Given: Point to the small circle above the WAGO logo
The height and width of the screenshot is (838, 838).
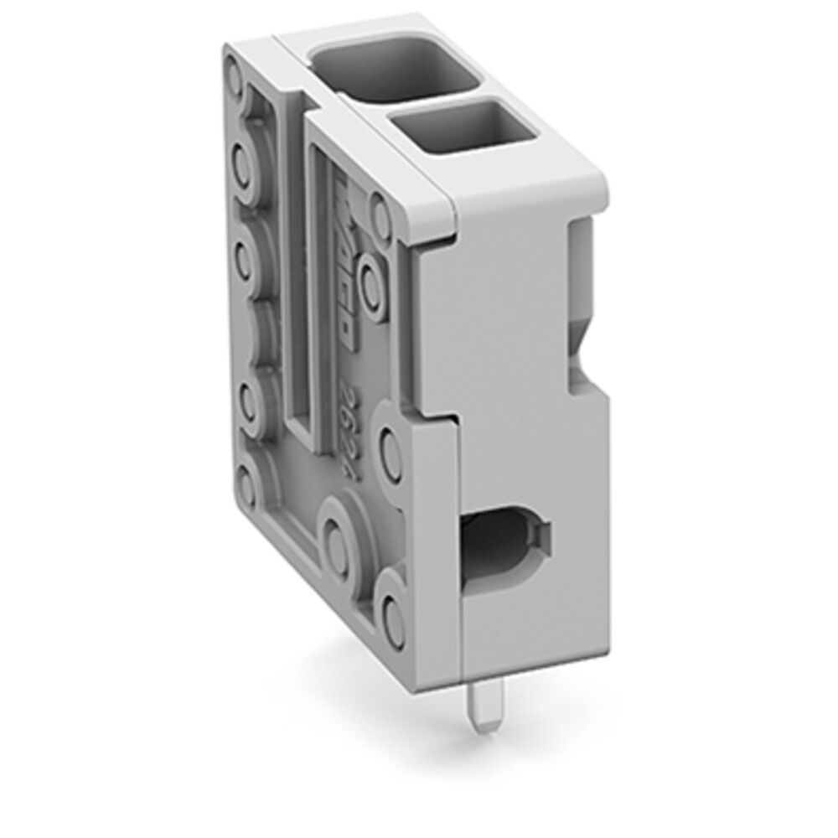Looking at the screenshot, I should pos(377,202).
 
